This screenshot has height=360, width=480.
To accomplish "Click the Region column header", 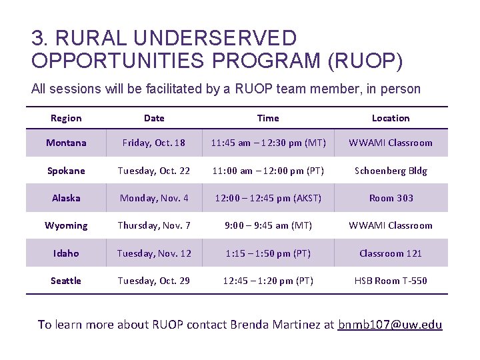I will click(66, 118).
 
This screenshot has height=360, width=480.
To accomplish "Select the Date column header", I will click(154, 118).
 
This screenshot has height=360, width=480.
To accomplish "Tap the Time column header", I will click(268, 118).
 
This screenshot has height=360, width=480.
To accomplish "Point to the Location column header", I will click(391, 118).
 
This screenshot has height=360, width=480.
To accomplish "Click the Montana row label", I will click(66, 143).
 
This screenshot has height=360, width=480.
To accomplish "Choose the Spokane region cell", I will click(66, 171).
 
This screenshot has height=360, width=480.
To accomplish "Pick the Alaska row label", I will click(66, 198).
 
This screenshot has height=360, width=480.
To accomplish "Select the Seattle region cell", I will click(66, 281).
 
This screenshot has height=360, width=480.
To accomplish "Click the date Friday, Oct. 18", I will click(154, 143).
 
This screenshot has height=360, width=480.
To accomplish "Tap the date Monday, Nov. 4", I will click(154, 198).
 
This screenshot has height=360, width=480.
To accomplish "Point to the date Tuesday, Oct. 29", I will click(154, 281).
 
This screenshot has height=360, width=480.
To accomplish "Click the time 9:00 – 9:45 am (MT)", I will click(268, 225).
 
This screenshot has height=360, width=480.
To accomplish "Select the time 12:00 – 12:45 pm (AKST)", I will click(268, 198).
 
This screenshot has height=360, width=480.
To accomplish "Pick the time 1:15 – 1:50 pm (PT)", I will click(268, 253).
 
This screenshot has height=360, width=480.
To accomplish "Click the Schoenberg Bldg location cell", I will click(391, 171).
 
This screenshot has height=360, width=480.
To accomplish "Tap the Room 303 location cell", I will click(391, 198).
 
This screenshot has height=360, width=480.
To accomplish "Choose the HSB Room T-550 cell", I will click(391, 281).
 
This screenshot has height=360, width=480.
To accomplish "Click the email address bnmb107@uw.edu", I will click(390, 325).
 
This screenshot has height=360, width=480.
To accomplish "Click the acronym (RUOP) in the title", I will click(365, 61).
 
